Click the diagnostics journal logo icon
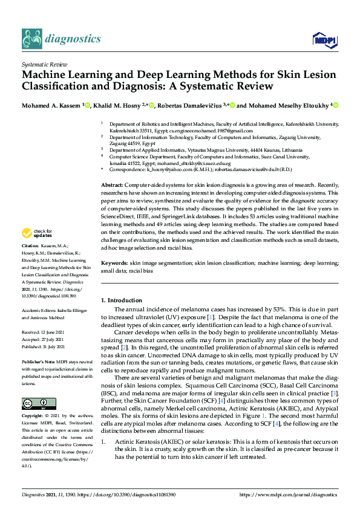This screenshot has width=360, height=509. (31, 39)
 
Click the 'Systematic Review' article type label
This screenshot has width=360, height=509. (44, 63)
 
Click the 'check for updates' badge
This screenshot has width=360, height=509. (36, 233)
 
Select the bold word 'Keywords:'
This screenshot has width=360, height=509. (114, 264)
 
